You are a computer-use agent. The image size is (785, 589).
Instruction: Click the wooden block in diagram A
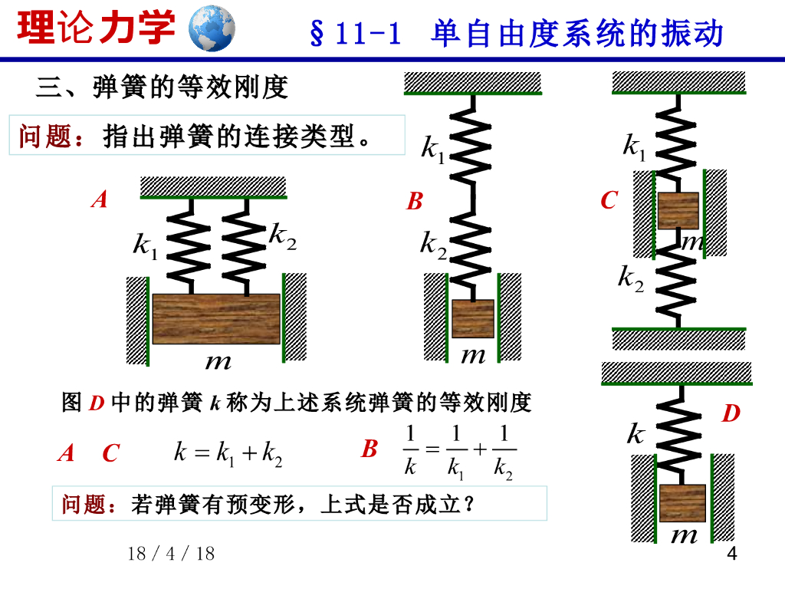[x=216, y=318]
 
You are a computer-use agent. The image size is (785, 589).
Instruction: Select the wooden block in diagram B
[x=472, y=318]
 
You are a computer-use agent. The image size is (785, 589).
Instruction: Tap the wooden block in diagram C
[x=678, y=211]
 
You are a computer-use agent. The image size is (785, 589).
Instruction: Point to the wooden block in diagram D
[x=682, y=503]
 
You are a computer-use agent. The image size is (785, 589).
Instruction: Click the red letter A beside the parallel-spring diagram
[x=99, y=201]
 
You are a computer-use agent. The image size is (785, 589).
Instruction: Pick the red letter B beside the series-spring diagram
[x=415, y=202]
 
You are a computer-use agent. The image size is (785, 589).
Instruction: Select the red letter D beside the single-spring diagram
[x=731, y=414]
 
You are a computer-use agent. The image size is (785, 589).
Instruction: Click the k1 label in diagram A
[x=145, y=245]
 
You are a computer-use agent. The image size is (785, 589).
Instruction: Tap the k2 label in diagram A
[x=282, y=237]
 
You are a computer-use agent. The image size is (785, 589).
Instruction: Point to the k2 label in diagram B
[x=433, y=245]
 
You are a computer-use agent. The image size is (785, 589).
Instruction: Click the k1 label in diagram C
[x=634, y=146]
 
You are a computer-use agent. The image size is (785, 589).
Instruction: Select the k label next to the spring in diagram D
[x=636, y=436]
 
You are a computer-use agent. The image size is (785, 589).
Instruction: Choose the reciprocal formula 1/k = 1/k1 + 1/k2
[x=459, y=452]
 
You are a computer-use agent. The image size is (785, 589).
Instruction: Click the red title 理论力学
[x=97, y=28]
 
